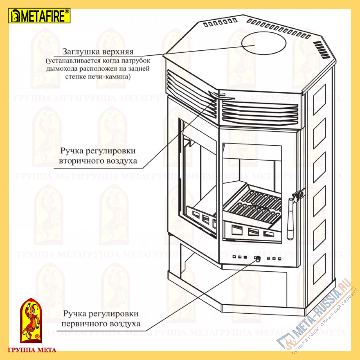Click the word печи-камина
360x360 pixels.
pos(113,77)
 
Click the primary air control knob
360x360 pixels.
pos(258,259)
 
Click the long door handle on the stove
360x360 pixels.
pos(290,220)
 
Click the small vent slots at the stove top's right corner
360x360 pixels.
pos(320,48)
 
